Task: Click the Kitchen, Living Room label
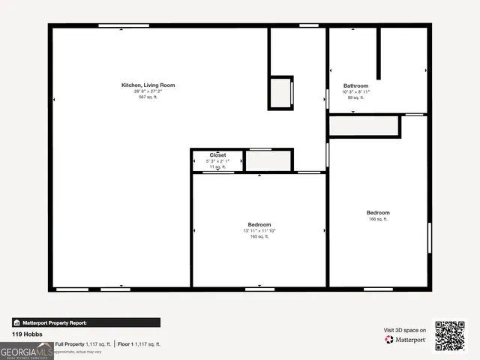148,85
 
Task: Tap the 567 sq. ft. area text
148,97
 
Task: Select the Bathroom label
355,85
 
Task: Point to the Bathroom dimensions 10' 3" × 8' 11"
355,91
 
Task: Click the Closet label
217,155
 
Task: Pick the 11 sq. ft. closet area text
217,167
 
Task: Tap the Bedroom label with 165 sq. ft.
259,225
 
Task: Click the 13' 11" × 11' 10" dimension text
259,231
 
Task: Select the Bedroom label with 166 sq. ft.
378,213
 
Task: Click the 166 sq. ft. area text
378,219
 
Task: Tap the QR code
450,336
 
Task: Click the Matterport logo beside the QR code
406,340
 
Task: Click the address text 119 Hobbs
26,334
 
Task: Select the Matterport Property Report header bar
85,322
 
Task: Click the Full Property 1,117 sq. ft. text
82,344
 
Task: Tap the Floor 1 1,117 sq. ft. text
139,344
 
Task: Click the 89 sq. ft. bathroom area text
355,97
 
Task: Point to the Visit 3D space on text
405,330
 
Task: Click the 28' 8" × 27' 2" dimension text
148,91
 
